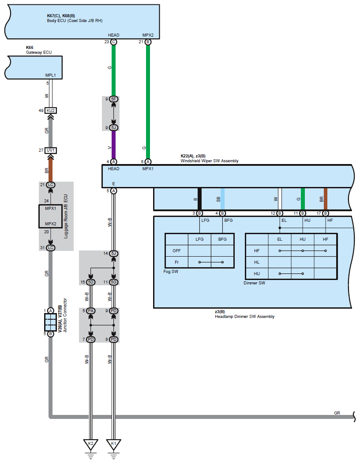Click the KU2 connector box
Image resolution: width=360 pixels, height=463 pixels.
[x=51, y=111]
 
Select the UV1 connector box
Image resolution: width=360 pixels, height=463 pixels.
[x=51, y=150]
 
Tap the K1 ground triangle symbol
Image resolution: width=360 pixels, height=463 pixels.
[x=113, y=444]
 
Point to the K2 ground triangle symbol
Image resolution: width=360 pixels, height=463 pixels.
[x=90, y=444]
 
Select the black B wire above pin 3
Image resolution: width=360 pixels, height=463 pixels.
[x=199, y=199]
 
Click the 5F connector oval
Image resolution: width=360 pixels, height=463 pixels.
[x=113, y=99]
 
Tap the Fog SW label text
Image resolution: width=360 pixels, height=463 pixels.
[x=171, y=272]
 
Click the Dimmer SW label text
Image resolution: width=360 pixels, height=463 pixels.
[x=254, y=283]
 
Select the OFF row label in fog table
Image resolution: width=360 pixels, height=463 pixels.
[x=176, y=250]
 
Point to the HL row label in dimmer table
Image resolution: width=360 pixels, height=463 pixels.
[x=257, y=262]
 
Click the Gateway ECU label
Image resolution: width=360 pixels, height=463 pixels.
[x=39, y=52]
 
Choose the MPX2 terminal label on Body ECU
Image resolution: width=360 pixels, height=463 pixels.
[x=148, y=35]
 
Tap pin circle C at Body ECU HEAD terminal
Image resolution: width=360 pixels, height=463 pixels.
[x=113, y=42]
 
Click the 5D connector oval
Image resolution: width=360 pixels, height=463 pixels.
[x=90, y=282]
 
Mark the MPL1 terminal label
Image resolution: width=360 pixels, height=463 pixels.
[x=51, y=75]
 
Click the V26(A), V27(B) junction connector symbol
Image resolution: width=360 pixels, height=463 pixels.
[x=51, y=322]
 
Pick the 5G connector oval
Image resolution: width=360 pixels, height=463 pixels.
[x=113, y=282]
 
